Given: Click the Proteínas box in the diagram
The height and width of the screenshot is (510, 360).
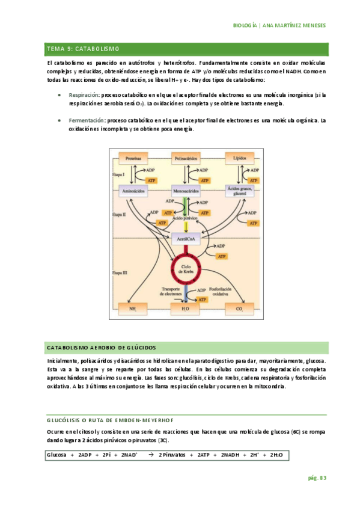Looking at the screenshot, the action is pos(134,158).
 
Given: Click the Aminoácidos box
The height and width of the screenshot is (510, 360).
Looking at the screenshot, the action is pos(134,191).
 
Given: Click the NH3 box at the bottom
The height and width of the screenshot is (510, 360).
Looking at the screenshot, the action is pos(134,309).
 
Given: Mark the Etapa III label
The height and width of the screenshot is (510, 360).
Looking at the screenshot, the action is pos(118,272).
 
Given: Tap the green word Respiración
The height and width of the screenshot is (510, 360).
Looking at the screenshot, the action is pos(84,95).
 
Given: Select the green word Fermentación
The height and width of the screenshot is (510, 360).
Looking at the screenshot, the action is pos(86,120).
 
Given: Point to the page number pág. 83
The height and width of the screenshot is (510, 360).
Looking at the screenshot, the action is pos(316,478).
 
